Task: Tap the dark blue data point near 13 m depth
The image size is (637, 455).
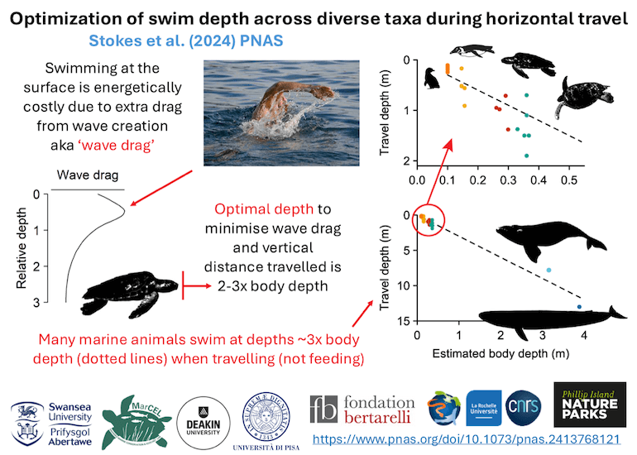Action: click(x=579, y=307)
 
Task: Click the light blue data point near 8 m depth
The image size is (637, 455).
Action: click(x=548, y=271)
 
